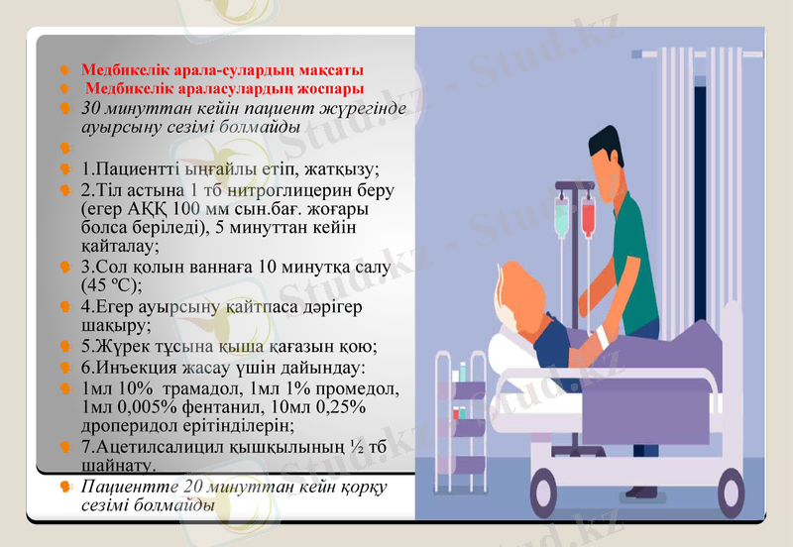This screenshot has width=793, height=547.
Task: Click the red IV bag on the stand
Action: (x=588, y=213)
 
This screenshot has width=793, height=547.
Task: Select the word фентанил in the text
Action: (x=211, y=407)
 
